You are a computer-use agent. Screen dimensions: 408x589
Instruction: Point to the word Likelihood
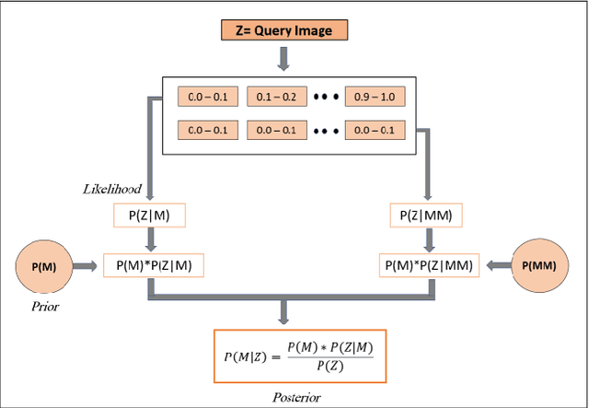110,189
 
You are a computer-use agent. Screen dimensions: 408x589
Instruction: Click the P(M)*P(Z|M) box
154,265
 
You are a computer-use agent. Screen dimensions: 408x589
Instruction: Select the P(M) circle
43,266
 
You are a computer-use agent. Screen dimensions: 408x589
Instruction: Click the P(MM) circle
539,265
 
